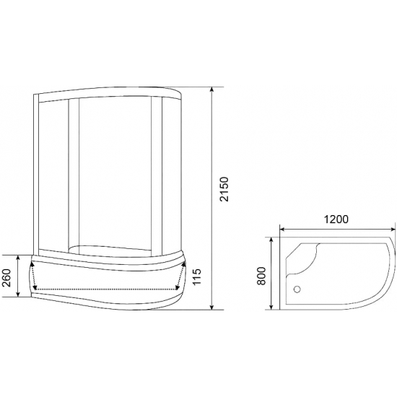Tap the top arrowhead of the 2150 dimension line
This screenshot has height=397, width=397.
click(x=211, y=90)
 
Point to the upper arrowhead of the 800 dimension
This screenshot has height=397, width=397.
click(x=271, y=238)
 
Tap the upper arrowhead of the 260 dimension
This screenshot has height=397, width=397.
click(x=17, y=257)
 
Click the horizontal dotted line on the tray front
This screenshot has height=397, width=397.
click(x=105, y=289)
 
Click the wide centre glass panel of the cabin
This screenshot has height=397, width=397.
click(x=112, y=173)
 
